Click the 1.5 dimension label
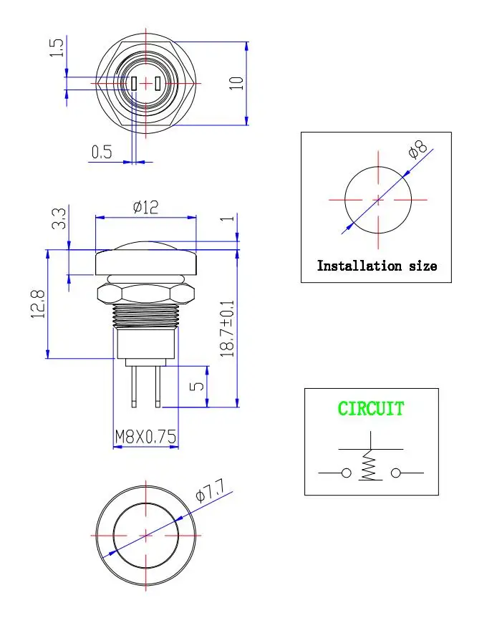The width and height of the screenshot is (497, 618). [57, 47]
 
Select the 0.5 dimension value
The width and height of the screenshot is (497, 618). [102, 152]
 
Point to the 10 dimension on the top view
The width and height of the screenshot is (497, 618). [236, 83]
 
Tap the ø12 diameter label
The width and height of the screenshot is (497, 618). [146, 208]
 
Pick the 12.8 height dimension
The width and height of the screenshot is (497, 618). [38, 304]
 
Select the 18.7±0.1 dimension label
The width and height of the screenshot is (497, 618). [227, 329]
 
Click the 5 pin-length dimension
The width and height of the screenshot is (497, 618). [197, 386]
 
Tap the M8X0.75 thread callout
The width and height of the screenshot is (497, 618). [145, 437]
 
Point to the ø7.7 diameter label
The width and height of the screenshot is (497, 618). [210, 491]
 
